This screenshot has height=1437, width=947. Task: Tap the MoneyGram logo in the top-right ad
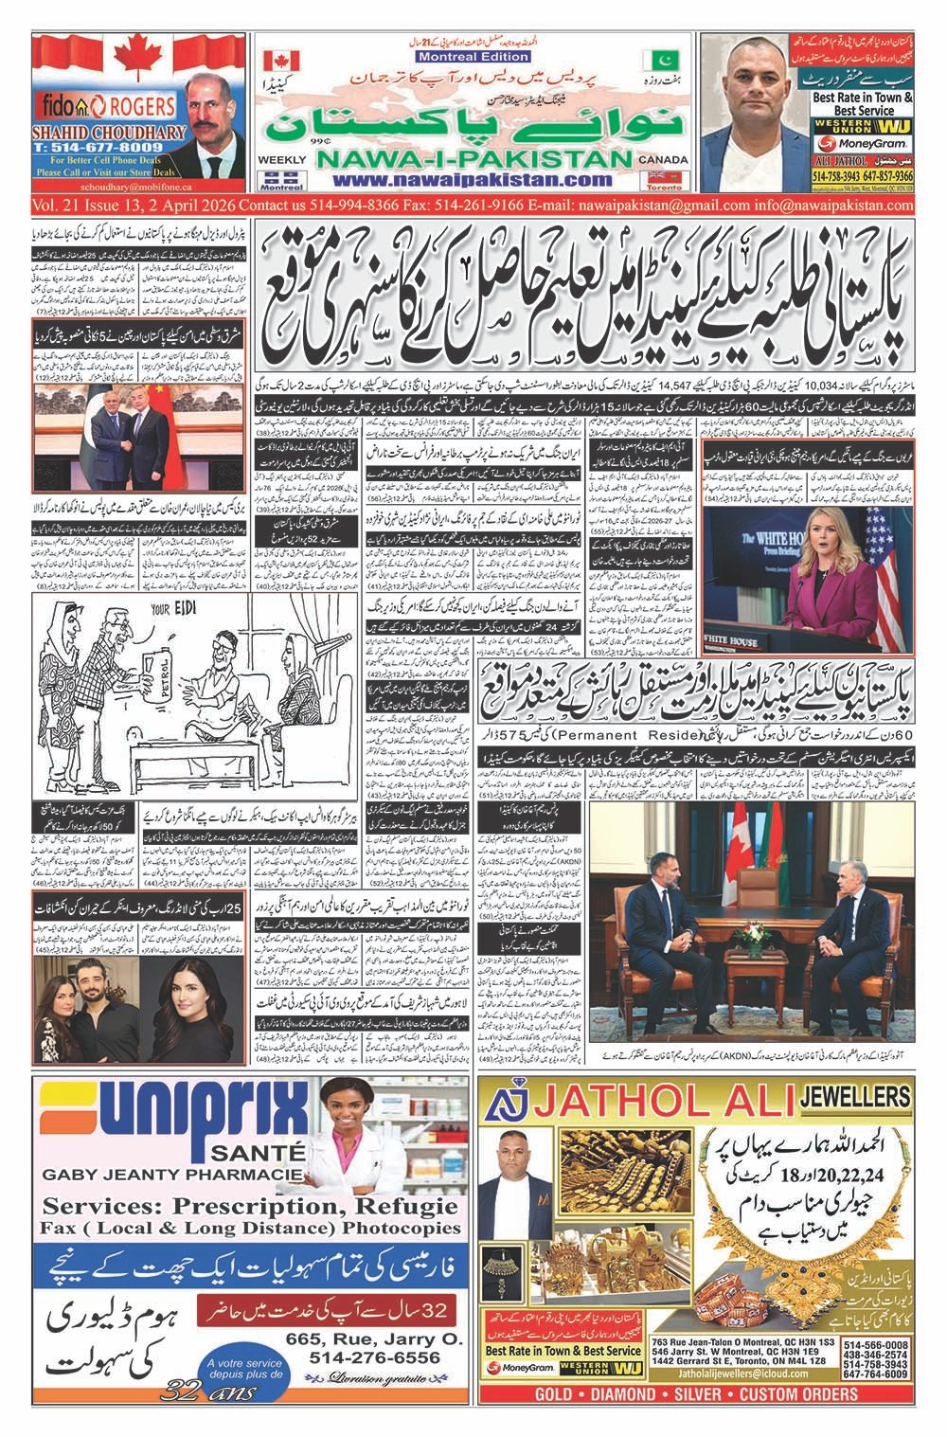point(865,142)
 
